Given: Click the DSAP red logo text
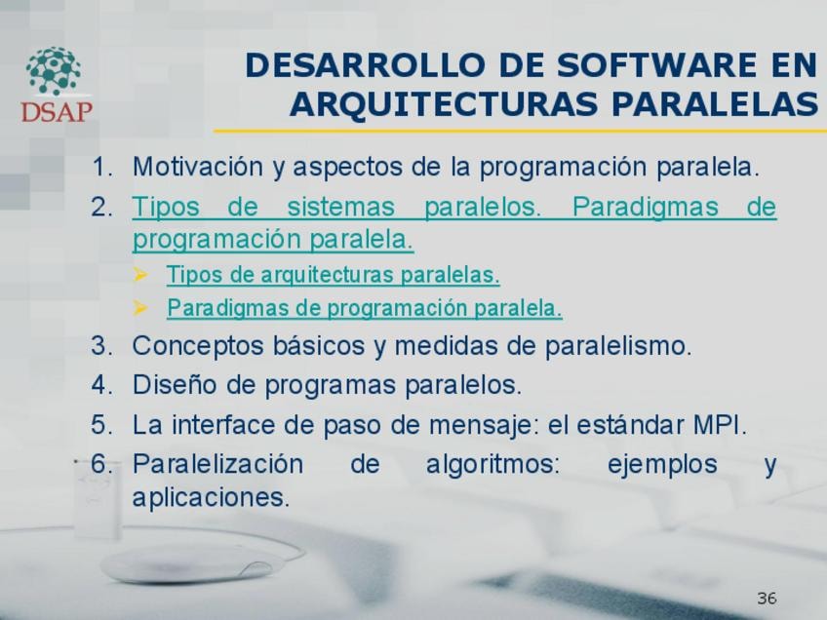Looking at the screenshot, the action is point(57,111).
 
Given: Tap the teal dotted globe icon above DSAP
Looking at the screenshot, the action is point(54,70).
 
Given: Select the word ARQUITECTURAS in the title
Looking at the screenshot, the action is point(444,103).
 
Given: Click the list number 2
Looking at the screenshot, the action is point(101,207).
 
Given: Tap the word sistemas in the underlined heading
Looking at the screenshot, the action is point(340,206).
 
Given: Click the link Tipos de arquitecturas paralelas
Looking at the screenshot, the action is point(333,275).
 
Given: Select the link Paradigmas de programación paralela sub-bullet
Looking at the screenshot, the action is point(365,308).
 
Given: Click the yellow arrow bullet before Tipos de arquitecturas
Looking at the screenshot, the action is point(140,274).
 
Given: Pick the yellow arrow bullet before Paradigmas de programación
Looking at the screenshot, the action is point(140,307).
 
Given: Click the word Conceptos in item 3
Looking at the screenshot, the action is point(198,346).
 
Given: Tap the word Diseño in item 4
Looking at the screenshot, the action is point(175,384).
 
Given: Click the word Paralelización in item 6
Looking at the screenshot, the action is point(217,464).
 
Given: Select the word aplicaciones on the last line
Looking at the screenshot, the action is point(211,497).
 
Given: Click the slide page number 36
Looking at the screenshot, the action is point(767,598).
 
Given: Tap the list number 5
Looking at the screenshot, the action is point(101,425).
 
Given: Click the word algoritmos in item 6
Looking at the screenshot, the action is point(492,465).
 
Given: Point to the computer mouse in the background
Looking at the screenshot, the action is point(187,564).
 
